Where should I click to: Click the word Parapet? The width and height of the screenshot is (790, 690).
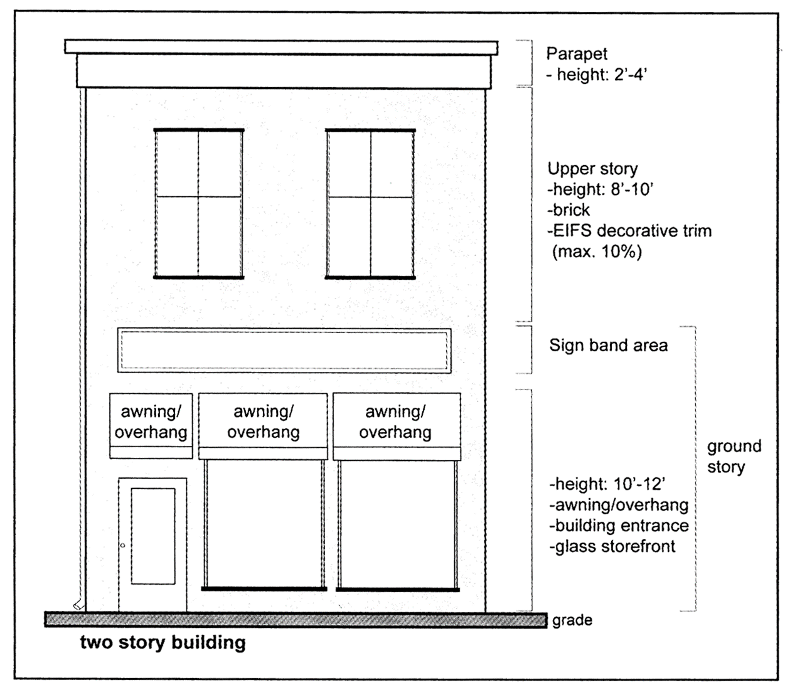[577, 55]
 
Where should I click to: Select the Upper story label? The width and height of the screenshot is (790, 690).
[592, 169]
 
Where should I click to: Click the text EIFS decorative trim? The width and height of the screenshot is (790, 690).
[632, 231]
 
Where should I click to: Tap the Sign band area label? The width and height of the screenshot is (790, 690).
[608, 345]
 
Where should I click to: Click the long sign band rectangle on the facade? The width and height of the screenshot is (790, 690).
[284, 350]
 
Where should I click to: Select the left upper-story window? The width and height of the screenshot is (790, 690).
[198, 203]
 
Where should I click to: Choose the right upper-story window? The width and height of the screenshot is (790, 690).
[370, 203]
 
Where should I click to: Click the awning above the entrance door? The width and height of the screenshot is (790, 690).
[151, 425]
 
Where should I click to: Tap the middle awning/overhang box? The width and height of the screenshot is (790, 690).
[263, 425]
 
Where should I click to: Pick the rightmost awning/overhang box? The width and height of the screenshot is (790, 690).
[396, 425]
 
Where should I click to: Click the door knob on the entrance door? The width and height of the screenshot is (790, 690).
[123, 546]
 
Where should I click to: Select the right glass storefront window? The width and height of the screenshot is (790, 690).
[396, 524]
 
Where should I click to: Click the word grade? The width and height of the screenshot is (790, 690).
[572, 620]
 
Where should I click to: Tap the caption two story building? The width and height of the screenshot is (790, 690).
[163, 643]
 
